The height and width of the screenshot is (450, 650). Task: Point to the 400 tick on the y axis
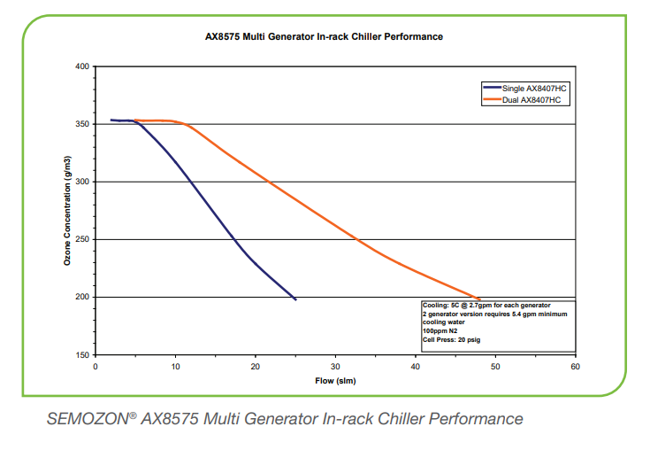point(82,66)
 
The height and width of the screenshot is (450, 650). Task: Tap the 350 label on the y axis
point(82,124)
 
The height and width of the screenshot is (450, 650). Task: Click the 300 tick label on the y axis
point(82,182)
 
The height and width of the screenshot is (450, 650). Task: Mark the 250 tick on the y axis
point(82,239)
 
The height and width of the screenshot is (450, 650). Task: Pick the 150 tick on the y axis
point(82,354)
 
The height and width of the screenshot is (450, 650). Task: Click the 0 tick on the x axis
point(96,364)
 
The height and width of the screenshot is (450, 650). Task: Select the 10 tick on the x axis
point(175,364)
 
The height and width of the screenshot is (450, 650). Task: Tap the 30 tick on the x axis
point(335,364)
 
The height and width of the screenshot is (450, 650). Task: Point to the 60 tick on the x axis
point(575,364)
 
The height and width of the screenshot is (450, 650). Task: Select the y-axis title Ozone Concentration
point(67,210)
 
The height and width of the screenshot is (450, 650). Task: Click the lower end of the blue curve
point(295,299)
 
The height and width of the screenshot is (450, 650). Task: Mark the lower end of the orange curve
point(479,299)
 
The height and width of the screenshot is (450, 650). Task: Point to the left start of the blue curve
point(111,120)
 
